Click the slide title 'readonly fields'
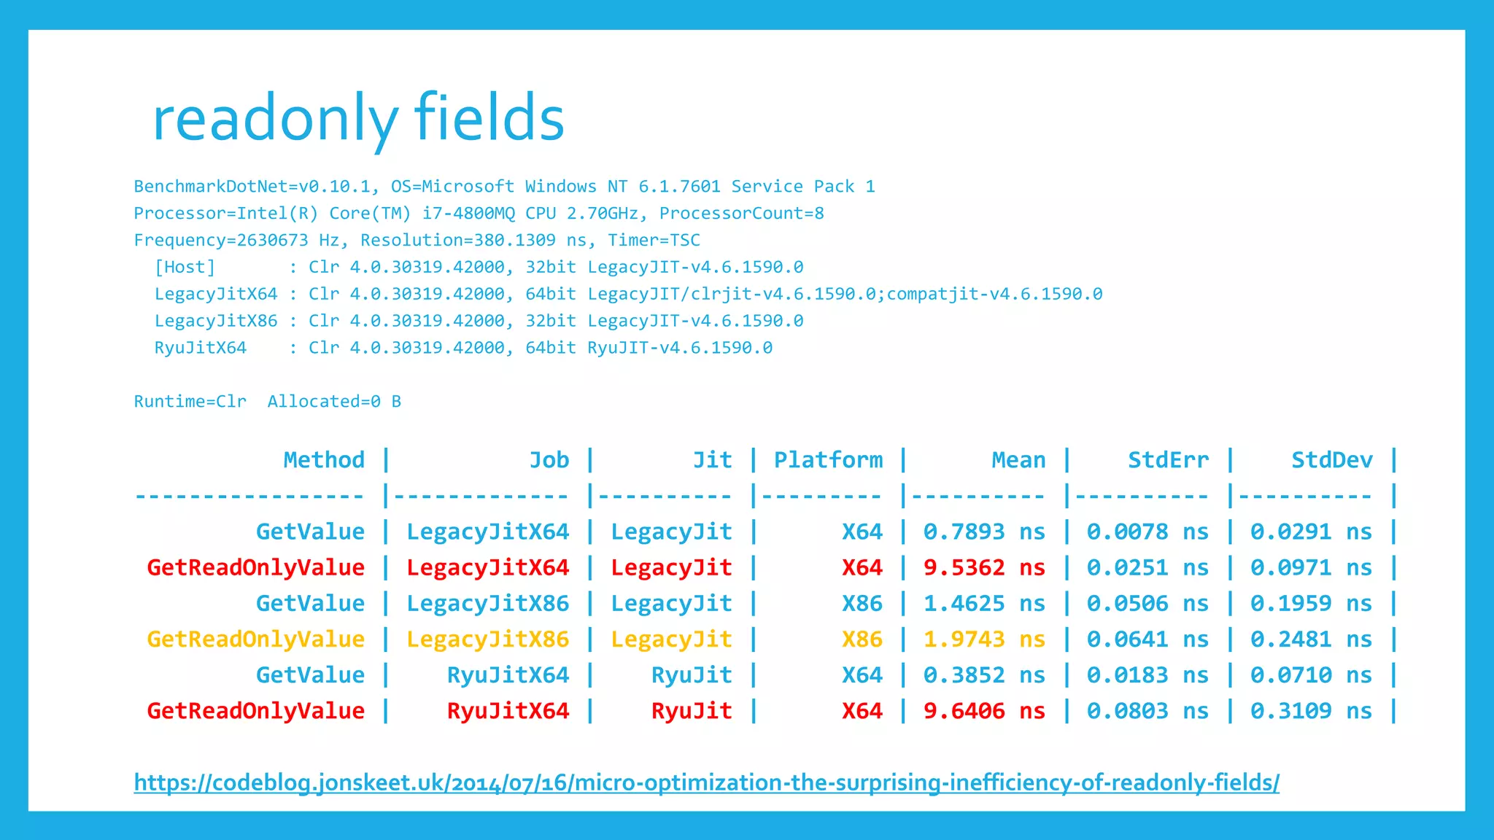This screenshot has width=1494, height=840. click(357, 119)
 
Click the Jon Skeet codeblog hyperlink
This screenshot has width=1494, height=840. click(706, 782)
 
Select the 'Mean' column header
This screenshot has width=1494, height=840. click(1018, 460)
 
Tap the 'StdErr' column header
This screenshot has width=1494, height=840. click(1168, 460)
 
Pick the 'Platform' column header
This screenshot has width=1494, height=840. click(828, 460)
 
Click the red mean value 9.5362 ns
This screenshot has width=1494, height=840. click(984, 568)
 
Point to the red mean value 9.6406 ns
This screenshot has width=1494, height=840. click(984, 711)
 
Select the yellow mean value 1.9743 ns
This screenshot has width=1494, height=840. click(984, 639)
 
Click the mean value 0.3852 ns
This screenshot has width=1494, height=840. click(984, 675)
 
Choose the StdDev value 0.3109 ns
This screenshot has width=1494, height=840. click(1311, 711)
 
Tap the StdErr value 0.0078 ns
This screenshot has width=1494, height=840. click(1147, 532)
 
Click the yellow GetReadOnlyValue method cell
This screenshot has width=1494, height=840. click(255, 639)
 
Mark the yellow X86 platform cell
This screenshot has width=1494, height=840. click(862, 639)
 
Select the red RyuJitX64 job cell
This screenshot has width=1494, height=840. click(508, 711)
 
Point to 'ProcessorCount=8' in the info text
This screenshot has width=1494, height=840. click(741, 214)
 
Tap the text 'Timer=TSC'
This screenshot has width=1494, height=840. click(654, 241)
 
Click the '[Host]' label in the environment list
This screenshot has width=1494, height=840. click(185, 268)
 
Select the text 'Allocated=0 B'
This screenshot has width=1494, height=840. click(334, 402)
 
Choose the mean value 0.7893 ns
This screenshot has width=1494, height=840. click(984, 532)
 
